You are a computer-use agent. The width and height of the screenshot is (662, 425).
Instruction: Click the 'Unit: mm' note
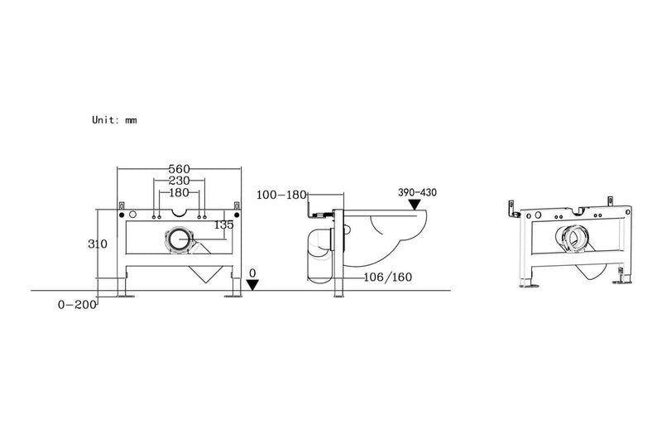(114, 119)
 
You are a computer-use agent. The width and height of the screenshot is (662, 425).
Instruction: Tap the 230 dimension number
(179, 181)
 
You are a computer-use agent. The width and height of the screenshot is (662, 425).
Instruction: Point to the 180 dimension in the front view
(179, 193)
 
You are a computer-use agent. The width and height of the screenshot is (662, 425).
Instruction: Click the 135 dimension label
(223, 223)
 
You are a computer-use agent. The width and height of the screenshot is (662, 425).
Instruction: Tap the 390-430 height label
(417, 192)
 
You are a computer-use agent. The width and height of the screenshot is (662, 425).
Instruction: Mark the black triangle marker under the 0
(252, 284)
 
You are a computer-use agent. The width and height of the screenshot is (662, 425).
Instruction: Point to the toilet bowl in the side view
(389, 228)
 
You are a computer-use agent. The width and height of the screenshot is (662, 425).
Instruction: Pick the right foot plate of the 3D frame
(618, 284)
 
